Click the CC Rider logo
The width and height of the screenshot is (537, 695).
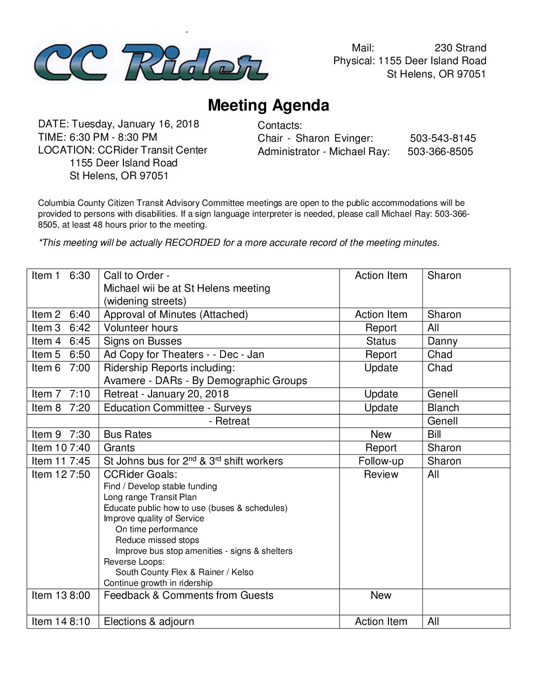pyautogui.click(x=151, y=62)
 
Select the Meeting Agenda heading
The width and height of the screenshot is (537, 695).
pyautogui.click(x=268, y=105)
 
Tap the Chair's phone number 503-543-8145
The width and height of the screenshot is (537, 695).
pyautogui.click(x=443, y=138)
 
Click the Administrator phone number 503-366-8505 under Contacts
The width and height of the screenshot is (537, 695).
pyautogui.click(x=440, y=152)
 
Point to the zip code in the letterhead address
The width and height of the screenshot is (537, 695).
pyautogui.click(x=471, y=74)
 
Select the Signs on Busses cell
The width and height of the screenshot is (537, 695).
pyautogui.click(x=143, y=341)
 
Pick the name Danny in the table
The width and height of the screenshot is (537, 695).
pyautogui.click(x=442, y=341)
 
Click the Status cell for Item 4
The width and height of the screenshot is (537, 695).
pyautogui.click(x=381, y=341)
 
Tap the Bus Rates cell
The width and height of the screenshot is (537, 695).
pyautogui.click(x=128, y=434)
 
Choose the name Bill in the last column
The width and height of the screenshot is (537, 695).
pyautogui.click(x=434, y=434)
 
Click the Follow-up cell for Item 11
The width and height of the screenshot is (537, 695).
pyautogui.click(x=381, y=461)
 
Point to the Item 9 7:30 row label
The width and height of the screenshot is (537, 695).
pyautogui.click(x=61, y=434)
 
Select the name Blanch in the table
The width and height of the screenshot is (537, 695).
pyautogui.click(x=443, y=408)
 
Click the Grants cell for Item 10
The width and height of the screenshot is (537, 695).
pyautogui.click(x=119, y=448)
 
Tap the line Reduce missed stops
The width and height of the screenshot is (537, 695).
pyautogui.click(x=157, y=540)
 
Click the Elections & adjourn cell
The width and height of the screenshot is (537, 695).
pyautogui.click(x=149, y=621)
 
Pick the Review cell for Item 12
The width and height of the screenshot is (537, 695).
pyautogui.click(x=381, y=474)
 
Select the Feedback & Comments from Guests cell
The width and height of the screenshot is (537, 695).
pyautogui.click(x=189, y=595)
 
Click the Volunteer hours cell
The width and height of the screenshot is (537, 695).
pyautogui.click(x=141, y=328)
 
